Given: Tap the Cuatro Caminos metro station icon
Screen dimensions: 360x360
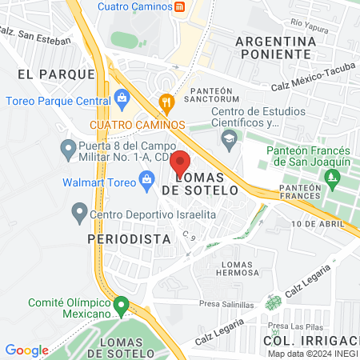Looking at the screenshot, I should tap(181, 7).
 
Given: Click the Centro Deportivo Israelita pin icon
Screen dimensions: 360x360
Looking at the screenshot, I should tap(79, 213).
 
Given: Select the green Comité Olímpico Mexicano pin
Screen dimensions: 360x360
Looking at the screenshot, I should tap(121, 305).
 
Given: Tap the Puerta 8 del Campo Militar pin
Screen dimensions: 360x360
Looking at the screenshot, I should tap(68, 149).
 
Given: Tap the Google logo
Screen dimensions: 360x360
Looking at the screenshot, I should tap(26, 350).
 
